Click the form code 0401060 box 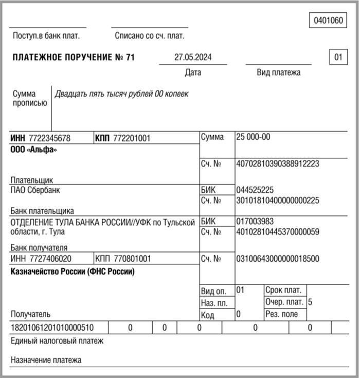[x=328, y=21]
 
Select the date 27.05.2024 [x=192, y=57]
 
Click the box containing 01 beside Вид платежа [x=338, y=57]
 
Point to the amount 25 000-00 [x=253, y=137]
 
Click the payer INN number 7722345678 [x=50, y=138]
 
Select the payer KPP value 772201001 [x=132, y=138]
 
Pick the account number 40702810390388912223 [x=277, y=164]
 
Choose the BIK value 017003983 [x=255, y=221]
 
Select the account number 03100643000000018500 [x=277, y=258]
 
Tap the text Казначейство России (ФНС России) [x=73, y=272]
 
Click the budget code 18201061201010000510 [x=52, y=328]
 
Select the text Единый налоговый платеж [x=57, y=340]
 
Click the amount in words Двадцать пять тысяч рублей [x=121, y=94]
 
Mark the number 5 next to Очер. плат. [x=310, y=302]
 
